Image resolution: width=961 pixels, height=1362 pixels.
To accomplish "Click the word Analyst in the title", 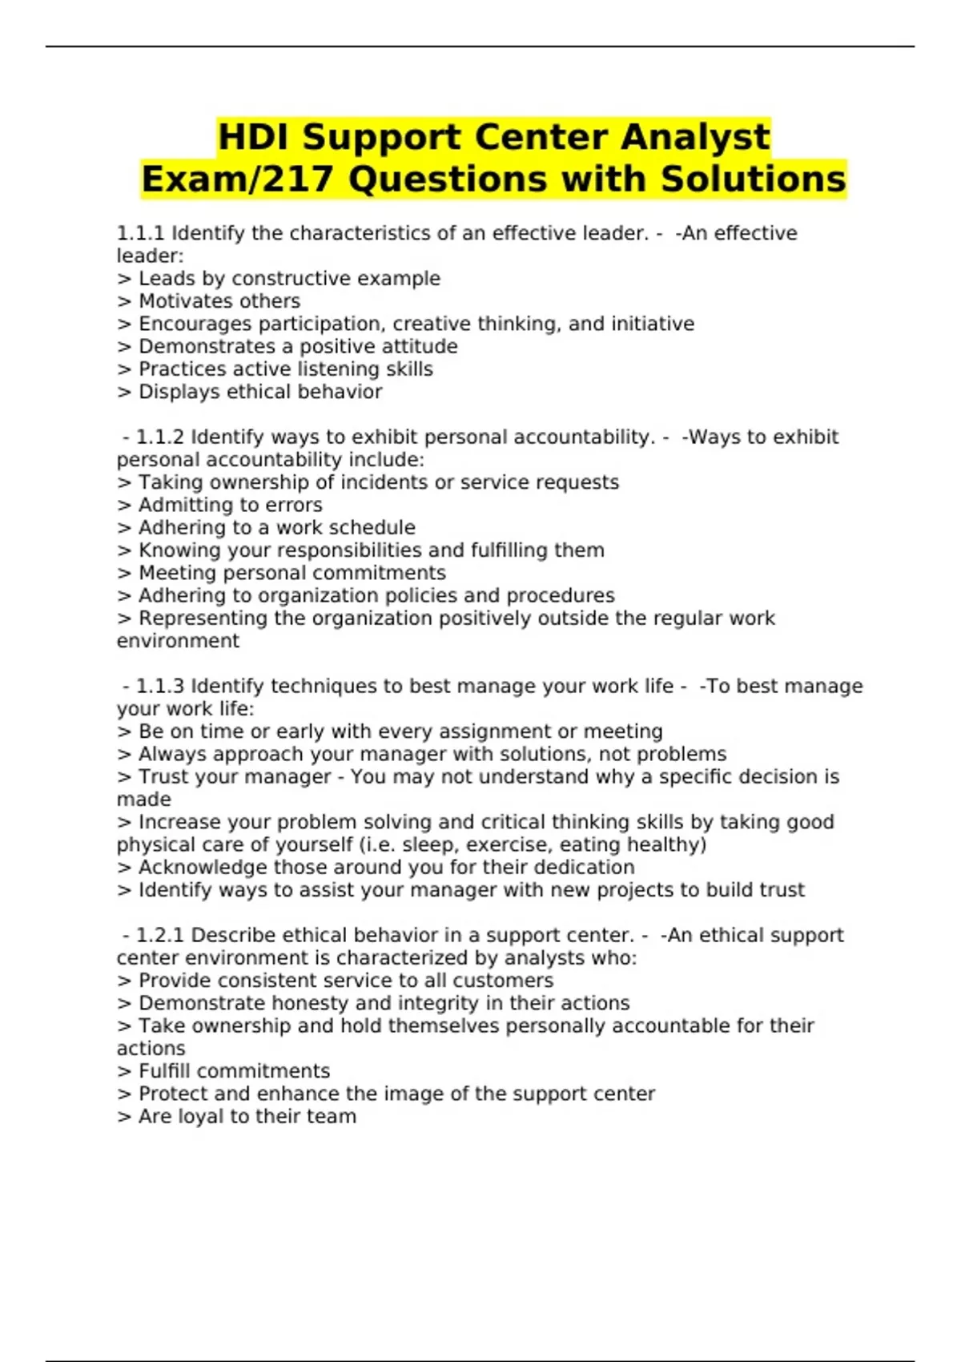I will [695, 137].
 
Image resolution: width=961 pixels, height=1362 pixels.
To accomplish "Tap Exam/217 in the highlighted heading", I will [236, 179].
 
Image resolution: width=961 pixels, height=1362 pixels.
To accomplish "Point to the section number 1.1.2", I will [160, 437].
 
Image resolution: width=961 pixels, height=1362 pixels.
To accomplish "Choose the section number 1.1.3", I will [160, 687].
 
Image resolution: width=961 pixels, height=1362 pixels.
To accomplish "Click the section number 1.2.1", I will [160, 936].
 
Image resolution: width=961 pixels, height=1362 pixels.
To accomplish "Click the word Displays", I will [179, 392].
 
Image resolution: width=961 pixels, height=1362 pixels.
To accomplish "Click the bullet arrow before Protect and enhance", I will [124, 1094].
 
